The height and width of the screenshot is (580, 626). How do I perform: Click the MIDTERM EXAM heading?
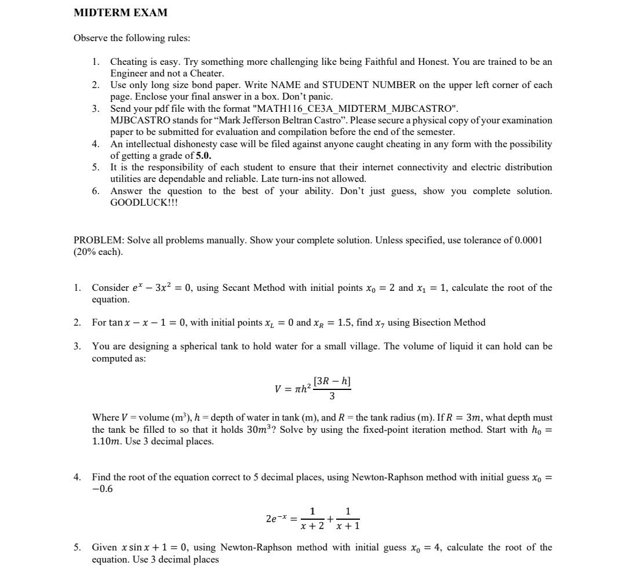tap(121, 12)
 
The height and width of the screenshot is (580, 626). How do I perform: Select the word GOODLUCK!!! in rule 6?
tap(144, 203)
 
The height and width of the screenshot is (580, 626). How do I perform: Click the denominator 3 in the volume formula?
tap(332, 396)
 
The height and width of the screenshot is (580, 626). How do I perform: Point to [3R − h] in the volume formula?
tap(332, 381)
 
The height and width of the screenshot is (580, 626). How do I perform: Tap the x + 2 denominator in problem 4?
tap(312, 526)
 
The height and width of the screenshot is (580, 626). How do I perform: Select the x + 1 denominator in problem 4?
tap(348, 526)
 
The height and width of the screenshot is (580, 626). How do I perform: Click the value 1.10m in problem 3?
tap(106, 442)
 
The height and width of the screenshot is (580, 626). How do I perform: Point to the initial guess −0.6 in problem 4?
tap(103, 489)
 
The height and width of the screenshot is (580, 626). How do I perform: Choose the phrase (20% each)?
tap(98, 252)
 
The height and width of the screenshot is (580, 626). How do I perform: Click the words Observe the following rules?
tap(132, 38)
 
